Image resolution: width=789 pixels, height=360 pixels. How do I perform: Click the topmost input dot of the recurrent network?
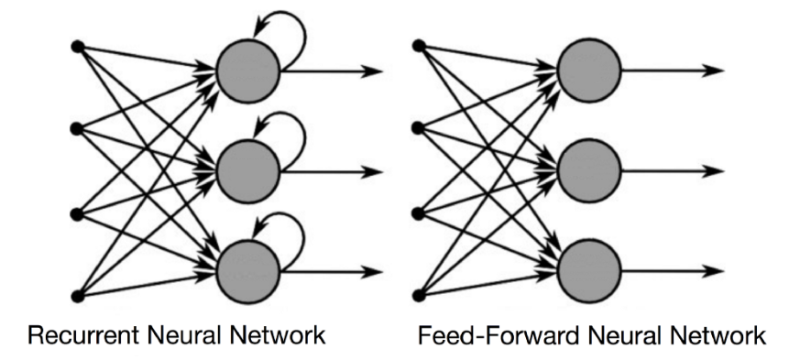[x=78, y=45]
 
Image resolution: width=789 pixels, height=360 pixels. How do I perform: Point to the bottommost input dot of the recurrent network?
[x=78, y=295]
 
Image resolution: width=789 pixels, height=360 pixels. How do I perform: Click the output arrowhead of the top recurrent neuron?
[x=374, y=71]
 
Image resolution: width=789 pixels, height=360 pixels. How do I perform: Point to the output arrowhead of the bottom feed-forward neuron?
[x=714, y=271]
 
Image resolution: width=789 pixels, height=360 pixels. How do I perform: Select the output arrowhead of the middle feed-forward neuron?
[x=714, y=170]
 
